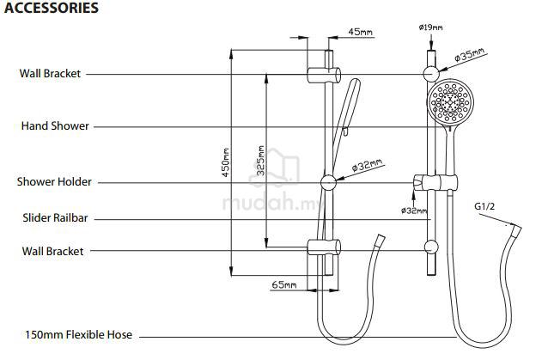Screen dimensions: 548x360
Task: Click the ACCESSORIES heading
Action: point(52,8)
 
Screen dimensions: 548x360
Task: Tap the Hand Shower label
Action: point(55,125)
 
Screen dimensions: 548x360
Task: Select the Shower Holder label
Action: point(54,182)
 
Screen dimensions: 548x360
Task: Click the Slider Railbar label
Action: point(55,217)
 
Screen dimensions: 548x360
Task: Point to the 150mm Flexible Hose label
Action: point(79,334)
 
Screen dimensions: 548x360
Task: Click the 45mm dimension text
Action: point(361,32)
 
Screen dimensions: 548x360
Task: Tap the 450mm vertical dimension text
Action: point(226,162)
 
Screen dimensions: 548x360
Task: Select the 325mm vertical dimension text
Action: point(260,161)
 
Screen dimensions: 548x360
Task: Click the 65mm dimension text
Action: point(284,285)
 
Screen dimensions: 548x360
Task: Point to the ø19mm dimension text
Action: point(430,27)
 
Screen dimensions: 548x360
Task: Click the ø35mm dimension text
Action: point(470,55)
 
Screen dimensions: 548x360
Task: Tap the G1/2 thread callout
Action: point(484,206)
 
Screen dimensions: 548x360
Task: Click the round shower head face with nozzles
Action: point(450,101)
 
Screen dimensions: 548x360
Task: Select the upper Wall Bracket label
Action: point(50,73)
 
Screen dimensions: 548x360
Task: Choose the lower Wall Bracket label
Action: point(52,251)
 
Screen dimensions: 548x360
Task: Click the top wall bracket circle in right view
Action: point(431,74)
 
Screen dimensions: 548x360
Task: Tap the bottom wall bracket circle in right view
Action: point(431,247)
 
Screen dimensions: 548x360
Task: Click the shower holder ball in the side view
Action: point(328,182)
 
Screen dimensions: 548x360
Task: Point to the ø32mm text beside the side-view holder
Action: point(367,165)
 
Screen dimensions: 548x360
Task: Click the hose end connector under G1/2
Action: point(516,232)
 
